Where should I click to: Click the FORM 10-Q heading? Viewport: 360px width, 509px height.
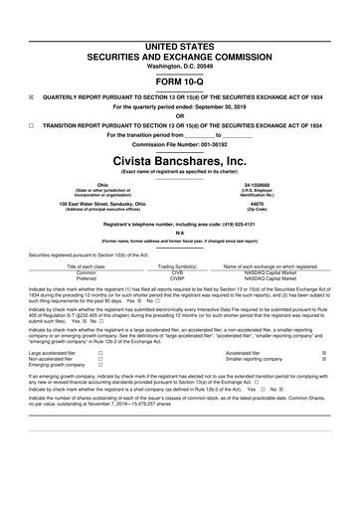point(179,56)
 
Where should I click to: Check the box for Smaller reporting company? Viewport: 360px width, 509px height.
point(337,360)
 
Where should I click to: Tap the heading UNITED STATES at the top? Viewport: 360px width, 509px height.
point(179,20)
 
